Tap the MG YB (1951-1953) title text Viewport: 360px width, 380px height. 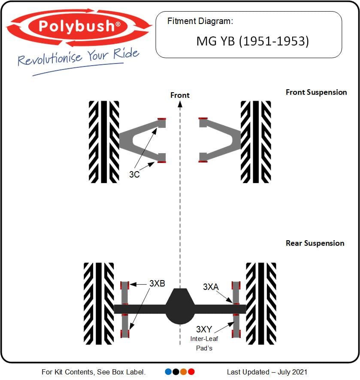click(x=253, y=41)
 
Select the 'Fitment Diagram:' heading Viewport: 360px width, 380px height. click(x=200, y=21)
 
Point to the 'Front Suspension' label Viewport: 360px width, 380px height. click(x=316, y=92)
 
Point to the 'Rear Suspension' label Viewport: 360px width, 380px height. click(x=315, y=243)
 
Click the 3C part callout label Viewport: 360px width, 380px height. click(x=134, y=174)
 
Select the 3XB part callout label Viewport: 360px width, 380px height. click(x=157, y=283)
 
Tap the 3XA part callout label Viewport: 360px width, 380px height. click(x=211, y=287)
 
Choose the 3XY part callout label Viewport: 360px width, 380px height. click(x=204, y=329)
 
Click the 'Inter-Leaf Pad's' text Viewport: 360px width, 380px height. click(x=204, y=344)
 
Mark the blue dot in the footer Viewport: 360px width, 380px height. click(x=168, y=371)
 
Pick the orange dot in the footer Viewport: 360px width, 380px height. click(x=184, y=371)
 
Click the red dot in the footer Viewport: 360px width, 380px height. click(x=191, y=371)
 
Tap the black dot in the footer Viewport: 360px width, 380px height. click(x=176, y=371)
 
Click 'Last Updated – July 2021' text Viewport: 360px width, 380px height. click(x=267, y=372)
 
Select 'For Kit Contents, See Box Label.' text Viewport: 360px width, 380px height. click(x=94, y=372)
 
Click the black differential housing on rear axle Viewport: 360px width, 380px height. click(x=180, y=306)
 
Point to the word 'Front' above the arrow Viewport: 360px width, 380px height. click(x=180, y=95)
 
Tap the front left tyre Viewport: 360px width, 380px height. click(x=104, y=142)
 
